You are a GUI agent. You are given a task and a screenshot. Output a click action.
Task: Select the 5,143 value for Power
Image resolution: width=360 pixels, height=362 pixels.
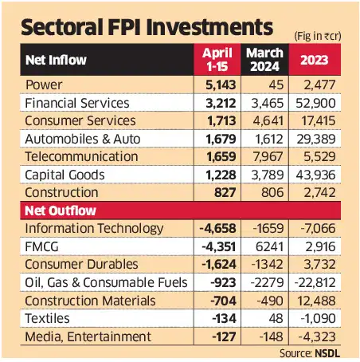coord(219,85)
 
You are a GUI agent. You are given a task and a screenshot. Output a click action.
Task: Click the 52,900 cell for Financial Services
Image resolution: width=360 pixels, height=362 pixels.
coord(325,103)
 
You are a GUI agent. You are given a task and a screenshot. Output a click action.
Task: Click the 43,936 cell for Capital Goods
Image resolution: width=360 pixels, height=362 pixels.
coord(325,175)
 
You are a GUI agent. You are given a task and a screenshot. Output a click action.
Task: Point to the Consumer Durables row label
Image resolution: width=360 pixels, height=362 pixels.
coord(81,265)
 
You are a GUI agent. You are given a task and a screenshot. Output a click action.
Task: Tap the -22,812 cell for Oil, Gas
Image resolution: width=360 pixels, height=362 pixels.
coord(322,282)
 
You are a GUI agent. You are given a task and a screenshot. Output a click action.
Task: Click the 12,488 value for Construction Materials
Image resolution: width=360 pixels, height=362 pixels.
coord(325,301)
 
